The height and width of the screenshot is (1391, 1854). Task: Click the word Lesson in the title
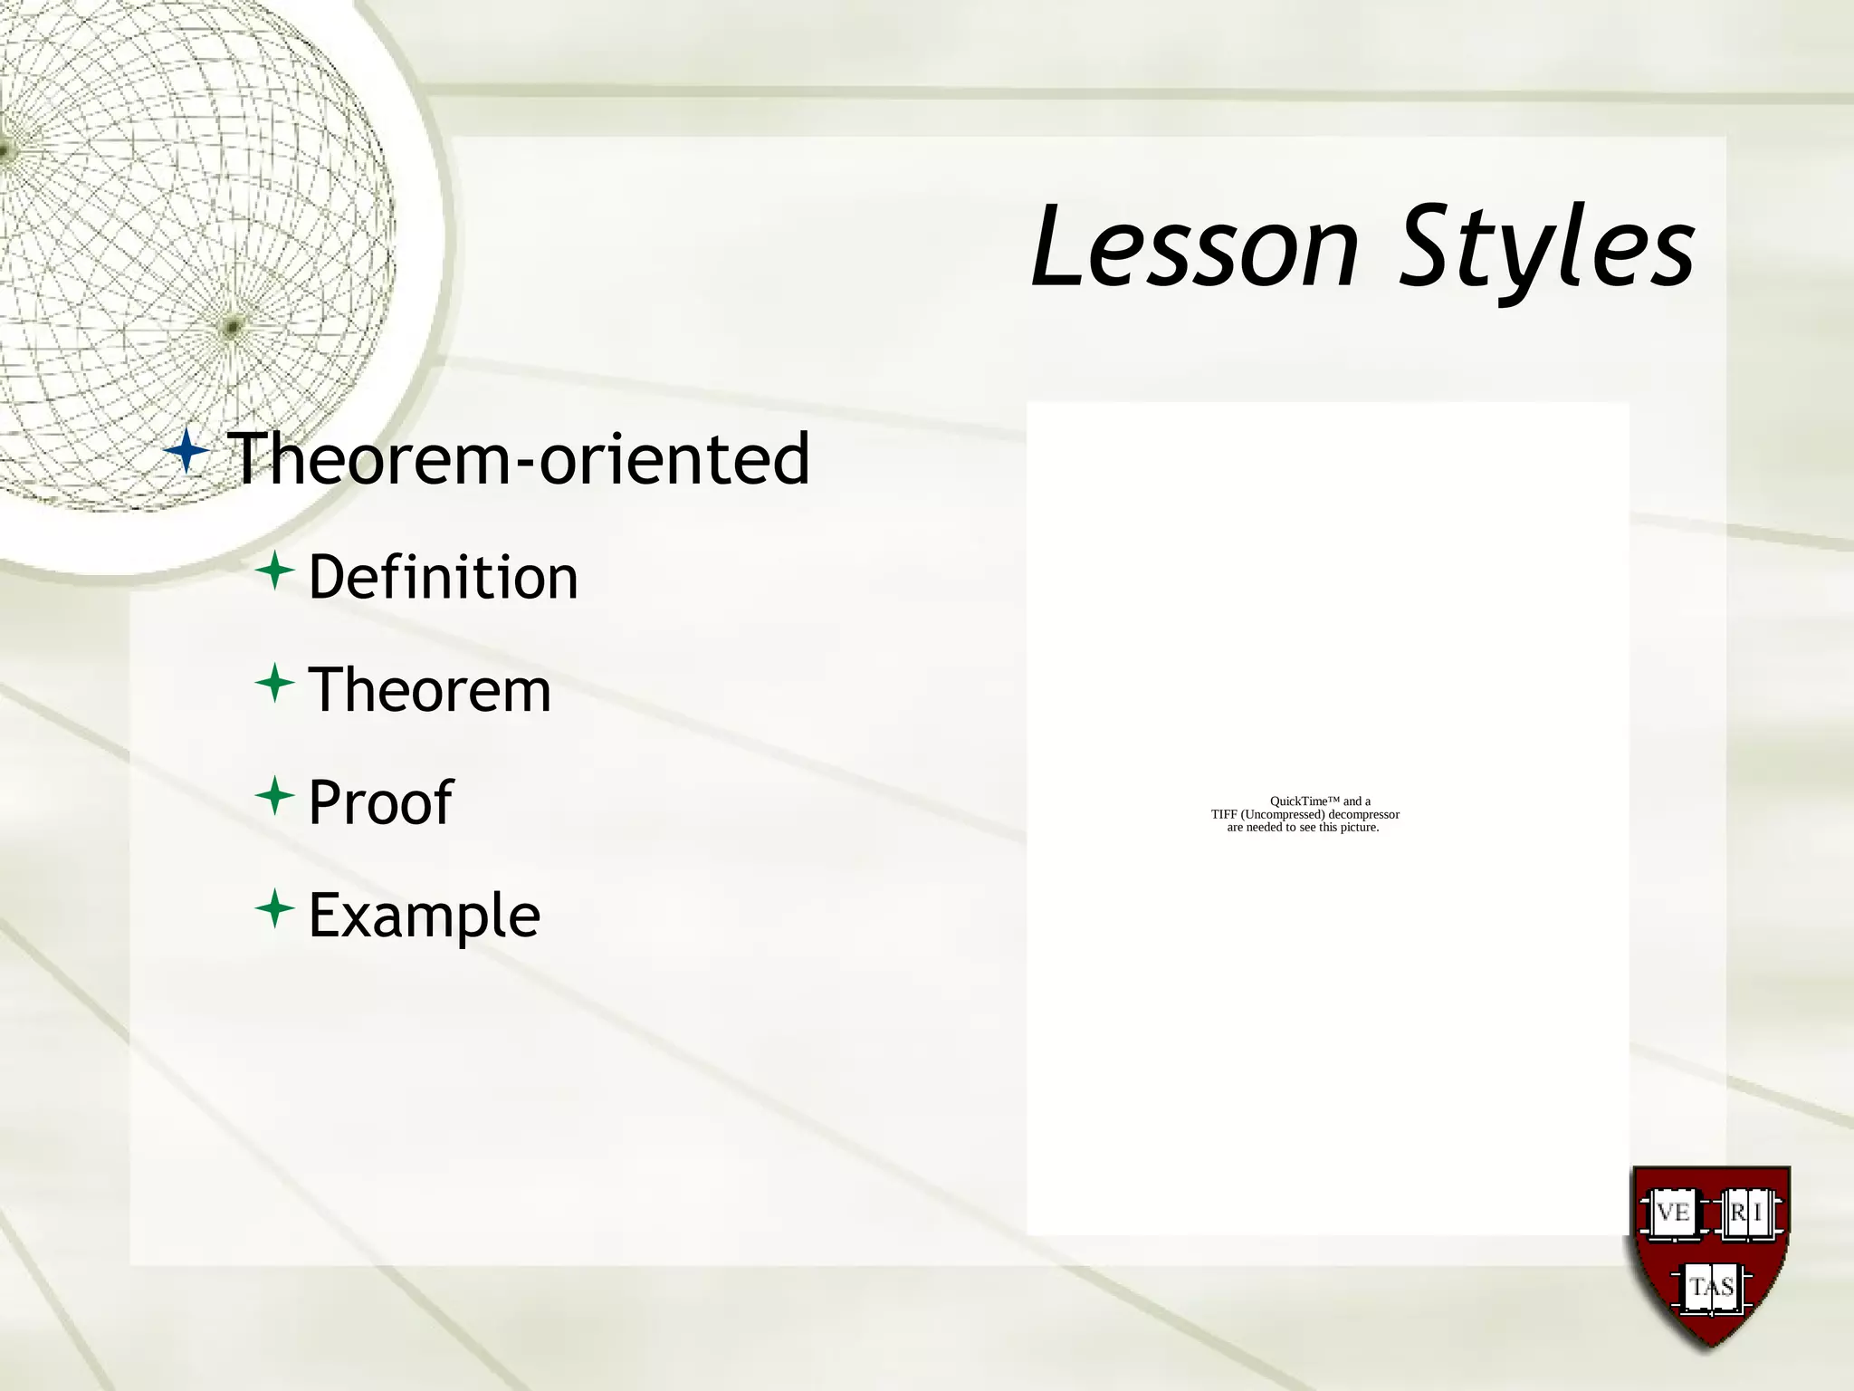[1195, 246]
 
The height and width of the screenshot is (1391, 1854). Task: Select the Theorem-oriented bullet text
[518, 458]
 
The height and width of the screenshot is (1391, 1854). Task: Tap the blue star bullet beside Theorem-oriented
[188, 450]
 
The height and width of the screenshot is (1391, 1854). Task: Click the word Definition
[443, 577]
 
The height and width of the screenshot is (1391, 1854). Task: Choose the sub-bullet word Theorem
[429, 690]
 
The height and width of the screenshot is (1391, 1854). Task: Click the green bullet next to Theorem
[274, 684]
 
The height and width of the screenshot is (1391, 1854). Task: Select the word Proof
[380, 802]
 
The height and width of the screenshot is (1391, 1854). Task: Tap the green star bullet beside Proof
[274, 796]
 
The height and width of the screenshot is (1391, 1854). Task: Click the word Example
[424, 915]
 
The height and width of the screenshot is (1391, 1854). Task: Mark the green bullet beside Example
[274, 908]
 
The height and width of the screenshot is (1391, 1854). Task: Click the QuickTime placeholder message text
[1304, 814]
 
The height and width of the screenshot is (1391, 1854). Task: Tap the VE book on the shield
[1673, 1213]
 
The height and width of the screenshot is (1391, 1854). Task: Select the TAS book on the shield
[1711, 1287]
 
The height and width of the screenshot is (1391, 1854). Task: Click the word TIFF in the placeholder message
[1225, 815]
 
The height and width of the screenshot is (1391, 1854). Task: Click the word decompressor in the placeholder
[1363, 815]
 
